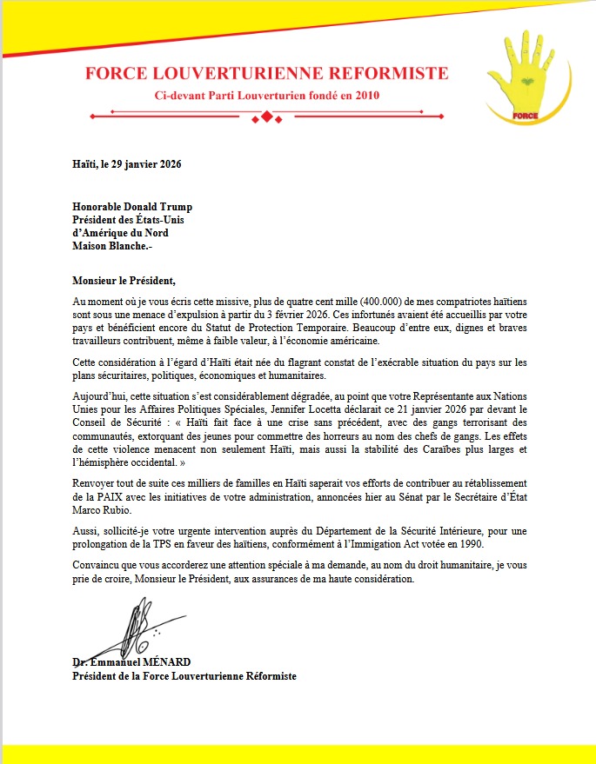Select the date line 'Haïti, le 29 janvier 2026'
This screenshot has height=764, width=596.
[x=126, y=163]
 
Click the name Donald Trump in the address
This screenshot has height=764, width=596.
[x=161, y=207]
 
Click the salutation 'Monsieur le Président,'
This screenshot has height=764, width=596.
[x=124, y=280]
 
